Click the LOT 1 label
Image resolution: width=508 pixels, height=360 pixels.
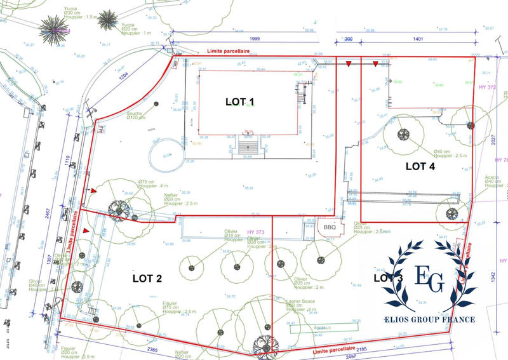coord(240,102)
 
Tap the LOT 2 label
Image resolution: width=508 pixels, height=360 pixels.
coord(147,277)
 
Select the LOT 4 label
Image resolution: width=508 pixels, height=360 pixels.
coord(420,166)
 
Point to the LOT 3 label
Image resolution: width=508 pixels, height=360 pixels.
coord(388,277)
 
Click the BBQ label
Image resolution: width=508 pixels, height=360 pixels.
coord(329,227)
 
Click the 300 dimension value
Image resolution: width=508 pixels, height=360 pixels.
coord(347,39)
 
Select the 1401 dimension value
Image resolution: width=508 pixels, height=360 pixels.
coord(417,39)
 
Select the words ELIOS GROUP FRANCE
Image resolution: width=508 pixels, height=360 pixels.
coord(429,319)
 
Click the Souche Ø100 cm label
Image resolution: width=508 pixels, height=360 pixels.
coord(135,114)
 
